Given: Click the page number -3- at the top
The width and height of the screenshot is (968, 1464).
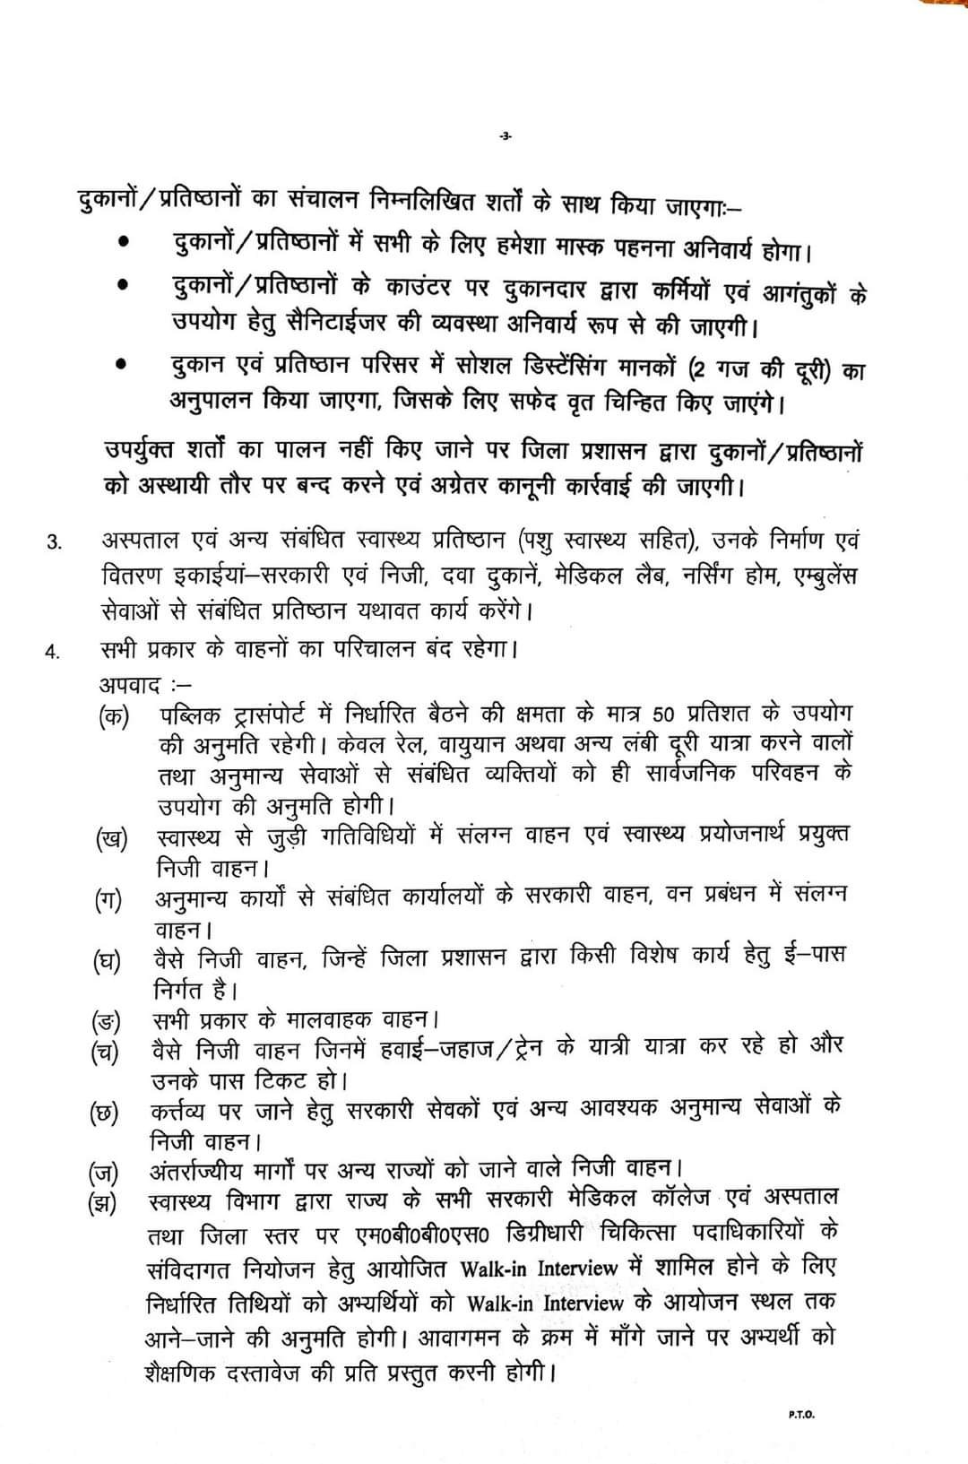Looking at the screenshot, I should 504,136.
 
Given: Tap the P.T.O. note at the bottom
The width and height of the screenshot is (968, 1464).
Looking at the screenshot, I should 801,1414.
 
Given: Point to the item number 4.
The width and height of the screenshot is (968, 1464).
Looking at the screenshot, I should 53,652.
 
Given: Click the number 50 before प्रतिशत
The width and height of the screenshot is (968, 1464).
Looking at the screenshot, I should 663,715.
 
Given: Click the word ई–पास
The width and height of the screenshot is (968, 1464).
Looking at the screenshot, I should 814,955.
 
